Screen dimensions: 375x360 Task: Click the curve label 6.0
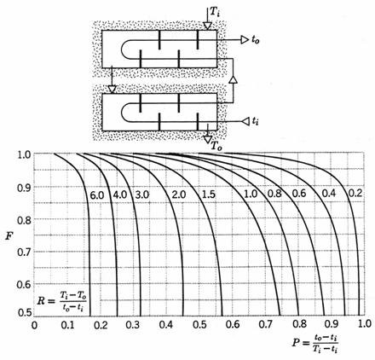pos(97,195)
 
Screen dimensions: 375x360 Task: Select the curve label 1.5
pos(209,195)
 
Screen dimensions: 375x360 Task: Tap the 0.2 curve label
pos(355,194)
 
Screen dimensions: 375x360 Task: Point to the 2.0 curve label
pos(179,195)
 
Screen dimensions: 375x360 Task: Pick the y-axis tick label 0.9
pos(24,187)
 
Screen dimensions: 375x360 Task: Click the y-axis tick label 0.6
pos(24,284)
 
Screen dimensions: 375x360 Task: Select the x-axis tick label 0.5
pos(199,324)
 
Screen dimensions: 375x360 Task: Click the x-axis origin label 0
pos(34,325)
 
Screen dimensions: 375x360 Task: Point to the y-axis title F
pos(9,235)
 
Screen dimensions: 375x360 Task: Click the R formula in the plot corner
pos(61,301)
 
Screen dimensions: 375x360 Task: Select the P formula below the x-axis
pos(315,343)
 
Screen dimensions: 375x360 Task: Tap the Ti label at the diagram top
pos(215,12)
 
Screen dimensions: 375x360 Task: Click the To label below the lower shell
pos(216,146)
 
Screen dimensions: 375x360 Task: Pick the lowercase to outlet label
pos(255,40)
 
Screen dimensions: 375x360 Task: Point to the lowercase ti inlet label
pos(255,122)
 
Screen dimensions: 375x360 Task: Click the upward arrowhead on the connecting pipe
pos(233,79)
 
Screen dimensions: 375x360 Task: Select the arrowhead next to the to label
pos(245,40)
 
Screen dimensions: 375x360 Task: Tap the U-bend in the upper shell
pos(125,49)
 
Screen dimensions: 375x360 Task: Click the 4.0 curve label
pos(120,195)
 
